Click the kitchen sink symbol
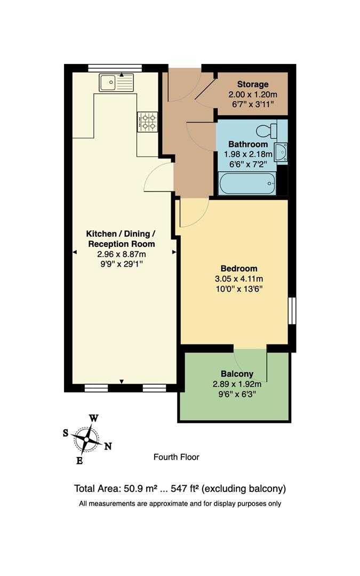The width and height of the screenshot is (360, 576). click(x=116, y=83)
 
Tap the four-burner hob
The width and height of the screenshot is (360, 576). click(x=148, y=122)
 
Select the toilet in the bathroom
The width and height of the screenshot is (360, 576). click(x=267, y=131)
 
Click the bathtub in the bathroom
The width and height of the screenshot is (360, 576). click(x=247, y=184)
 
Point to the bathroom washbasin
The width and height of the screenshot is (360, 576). click(x=281, y=151)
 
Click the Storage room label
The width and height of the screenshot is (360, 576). click(x=252, y=84)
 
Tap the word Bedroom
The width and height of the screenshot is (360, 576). click(x=239, y=268)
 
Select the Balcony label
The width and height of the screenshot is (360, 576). click(x=237, y=374)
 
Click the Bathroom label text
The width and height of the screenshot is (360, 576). click(x=247, y=144)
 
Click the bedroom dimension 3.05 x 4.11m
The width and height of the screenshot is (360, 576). click(x=239, y=278)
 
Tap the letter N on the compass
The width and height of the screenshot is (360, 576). click(x=108, y=446)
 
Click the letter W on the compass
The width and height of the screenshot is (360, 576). click(x=93, y=419)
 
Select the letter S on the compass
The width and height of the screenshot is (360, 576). click(x=66, y=433)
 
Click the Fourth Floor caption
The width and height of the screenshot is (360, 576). click(x=176, y=457)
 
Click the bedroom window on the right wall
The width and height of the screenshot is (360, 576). click(x=291, y=310)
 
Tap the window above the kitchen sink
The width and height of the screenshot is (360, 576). click(x=115, y=67)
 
